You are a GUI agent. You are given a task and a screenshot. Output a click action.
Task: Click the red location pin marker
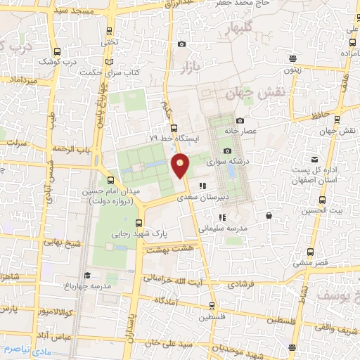click(181, 165)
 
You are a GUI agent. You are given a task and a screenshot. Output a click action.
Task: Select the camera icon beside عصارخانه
click(240, 120)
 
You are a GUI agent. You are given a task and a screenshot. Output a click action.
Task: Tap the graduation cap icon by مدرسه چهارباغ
click(87, 275)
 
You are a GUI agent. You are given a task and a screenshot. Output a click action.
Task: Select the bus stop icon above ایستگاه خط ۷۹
click(173, 128)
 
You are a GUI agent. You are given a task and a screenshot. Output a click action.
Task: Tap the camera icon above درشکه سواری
click(227, 150)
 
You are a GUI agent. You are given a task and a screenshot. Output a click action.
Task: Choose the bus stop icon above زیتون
click(293, 59)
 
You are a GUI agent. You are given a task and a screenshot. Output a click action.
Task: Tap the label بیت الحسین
click(328, 210)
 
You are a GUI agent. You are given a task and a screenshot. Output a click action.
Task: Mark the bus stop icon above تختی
click(108, 31)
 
